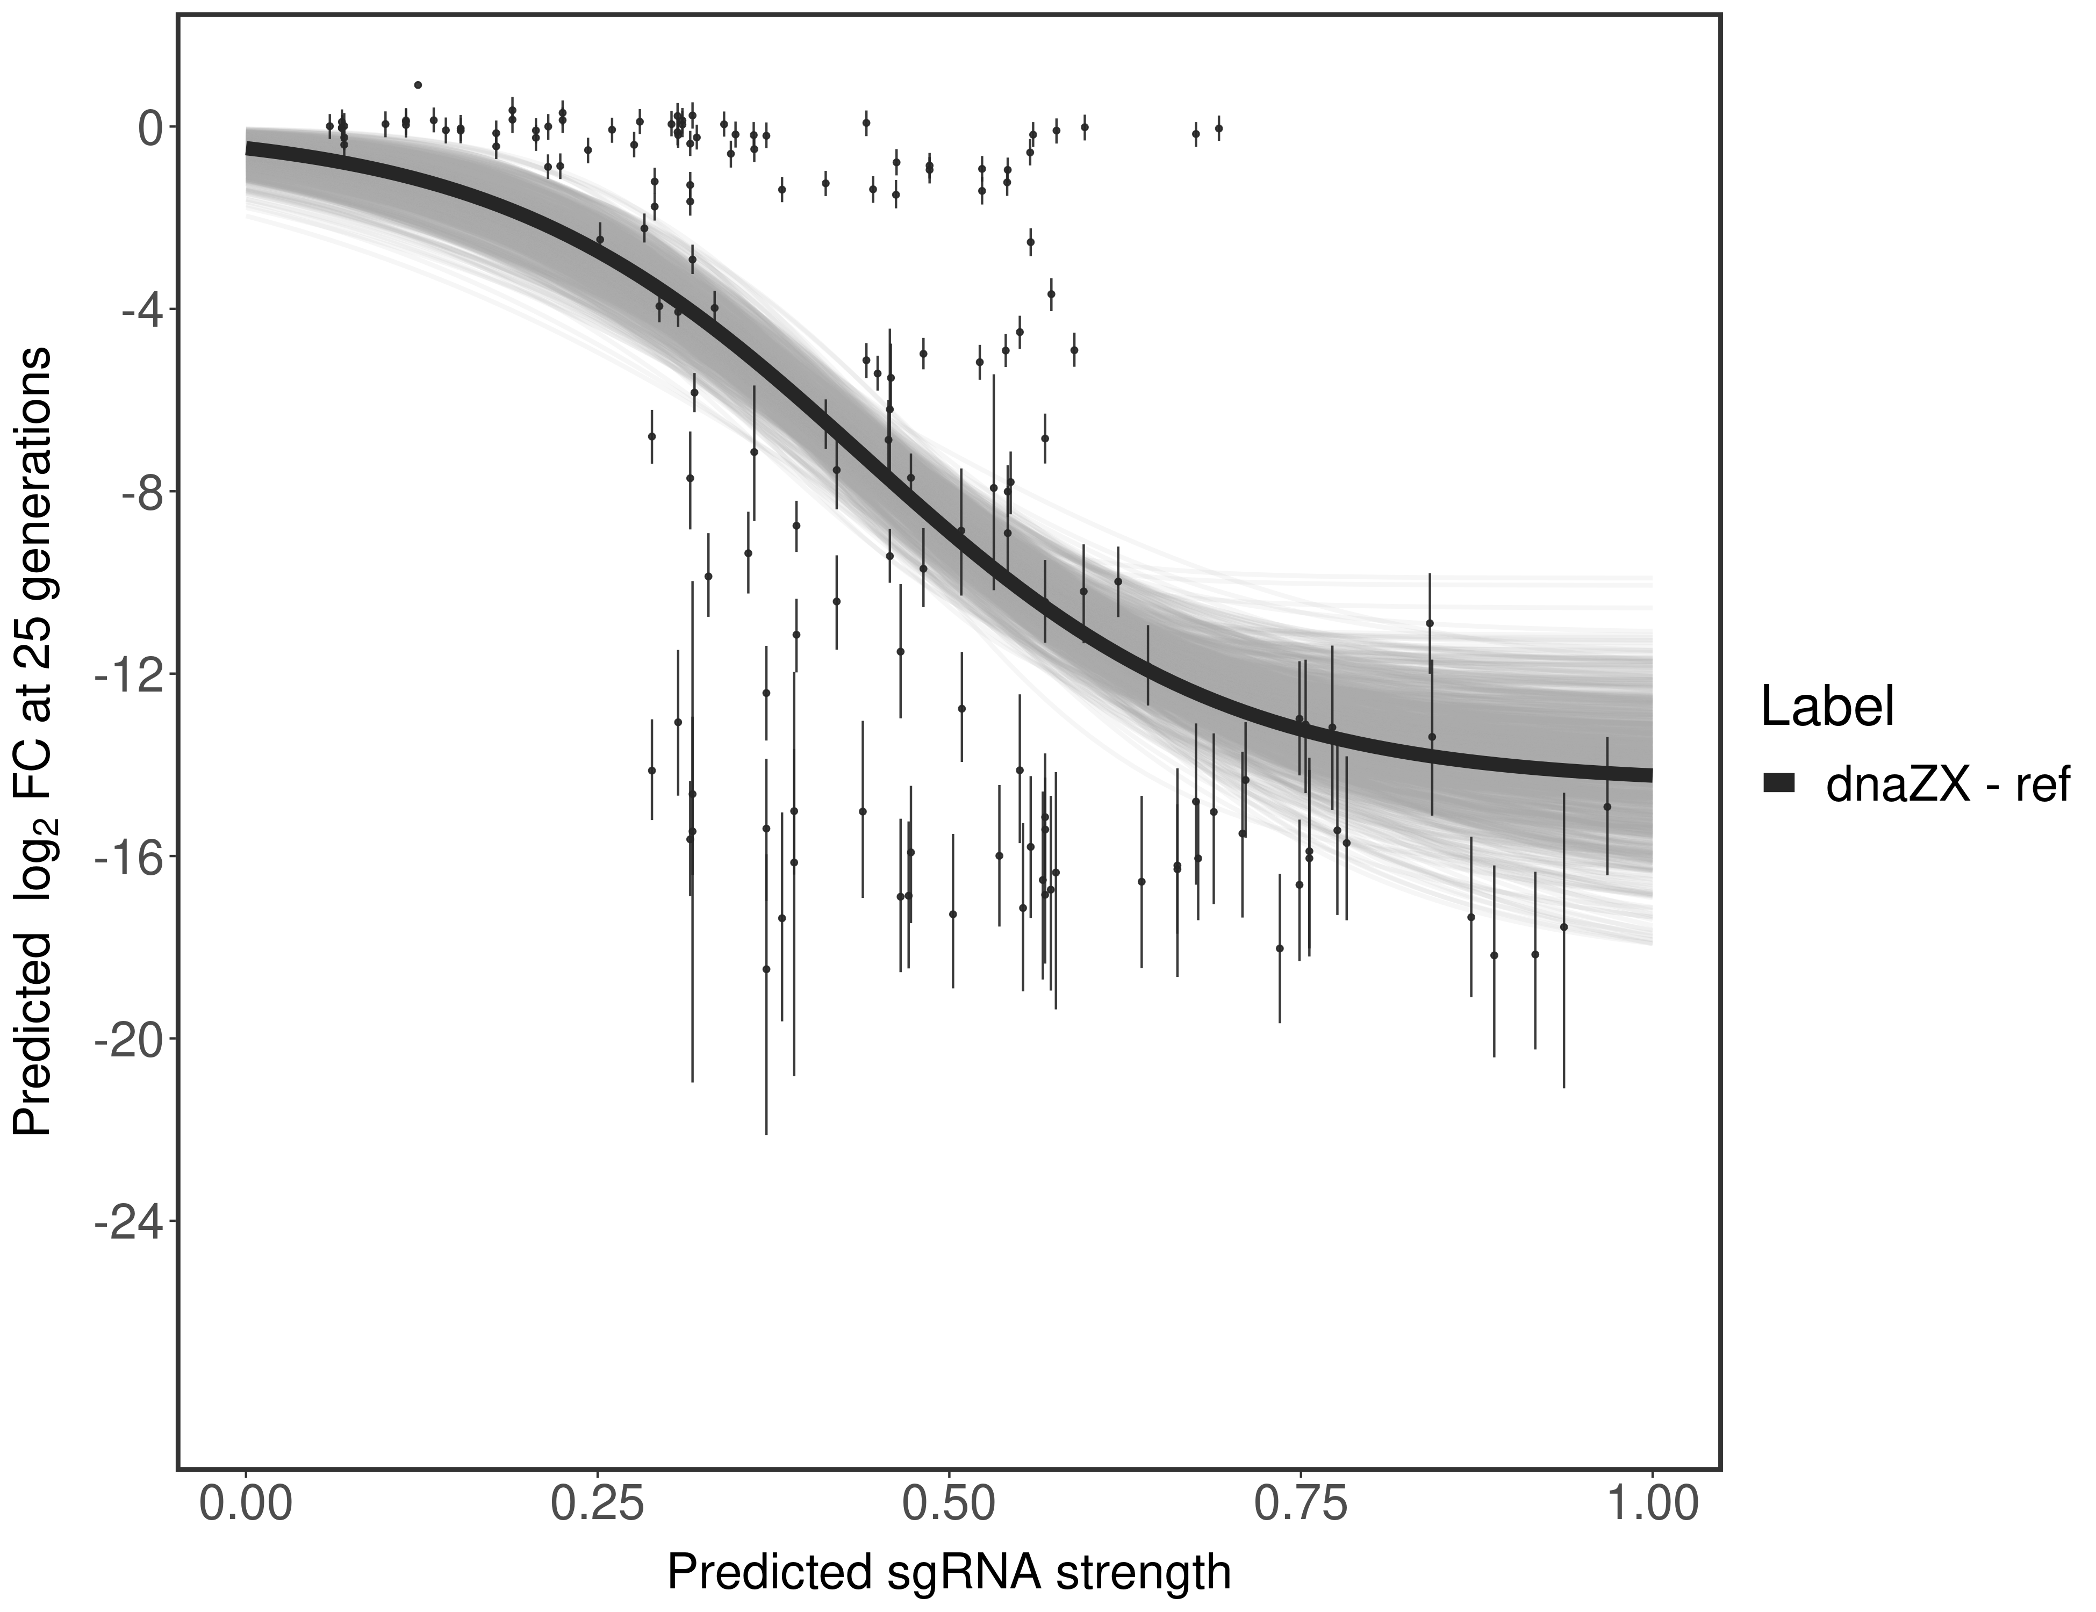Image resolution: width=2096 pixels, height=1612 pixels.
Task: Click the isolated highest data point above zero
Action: (418, 84)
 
